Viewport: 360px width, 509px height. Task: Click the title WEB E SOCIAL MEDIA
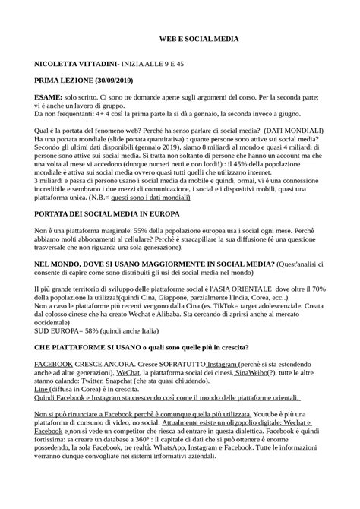(x=198, y=37)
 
